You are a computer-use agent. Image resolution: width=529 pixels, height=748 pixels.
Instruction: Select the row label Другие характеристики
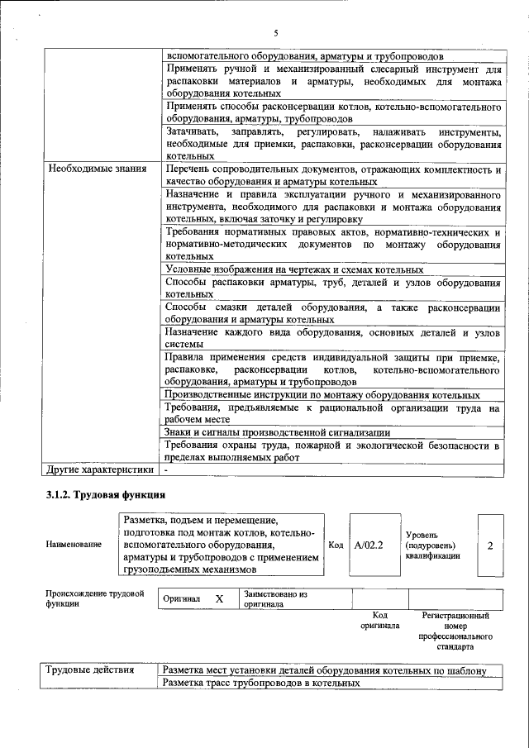click(100, 469)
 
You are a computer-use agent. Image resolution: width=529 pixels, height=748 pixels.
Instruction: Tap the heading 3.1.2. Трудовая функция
click(105, 494)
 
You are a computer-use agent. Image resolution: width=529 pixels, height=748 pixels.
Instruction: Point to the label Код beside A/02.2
click(336, 546)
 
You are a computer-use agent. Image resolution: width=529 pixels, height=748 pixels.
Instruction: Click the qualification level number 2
click(491, 546)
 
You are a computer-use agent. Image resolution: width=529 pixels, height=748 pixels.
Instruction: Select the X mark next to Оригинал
click(219, 598)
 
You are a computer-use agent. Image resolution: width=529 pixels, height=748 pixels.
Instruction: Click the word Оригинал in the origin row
click(181, 598)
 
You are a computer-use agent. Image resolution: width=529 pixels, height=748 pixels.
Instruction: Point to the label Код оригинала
click(379, 621)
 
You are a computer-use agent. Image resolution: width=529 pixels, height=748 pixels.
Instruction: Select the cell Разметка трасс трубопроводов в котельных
click(261, 684)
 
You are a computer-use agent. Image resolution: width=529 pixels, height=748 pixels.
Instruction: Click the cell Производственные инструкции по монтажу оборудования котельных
click(322, 395)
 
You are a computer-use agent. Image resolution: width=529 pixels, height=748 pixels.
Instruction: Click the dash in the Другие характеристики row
click(166, 469)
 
